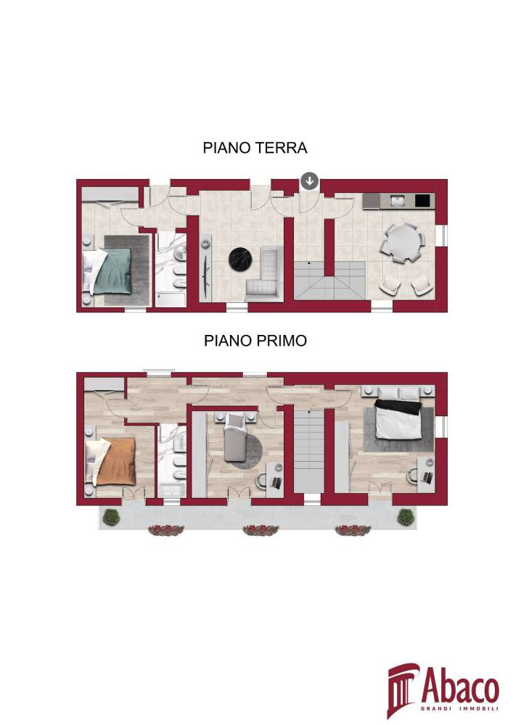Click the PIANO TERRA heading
(255, 148)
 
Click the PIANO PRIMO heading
(255, 341)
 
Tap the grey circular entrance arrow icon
(309, 181)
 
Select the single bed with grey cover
(237, 438)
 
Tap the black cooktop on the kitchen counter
(422, 201)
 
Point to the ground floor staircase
(330, 280)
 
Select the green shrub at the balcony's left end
(111, 517)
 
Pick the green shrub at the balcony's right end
(406, 517)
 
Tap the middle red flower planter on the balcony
(261, 530)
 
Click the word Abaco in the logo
(460, 688)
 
